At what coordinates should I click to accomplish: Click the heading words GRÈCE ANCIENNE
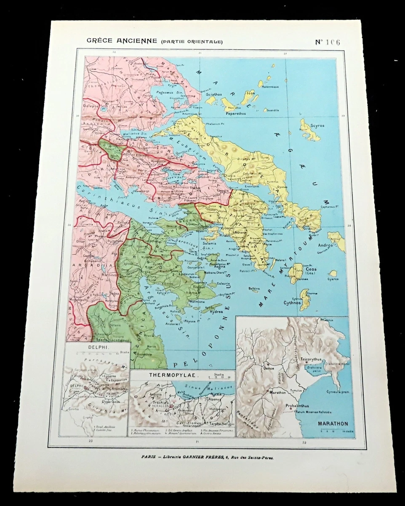pyautogui.click(x=121, y=41)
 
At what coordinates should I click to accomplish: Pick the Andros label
pyautogui.click(x=325, y=245)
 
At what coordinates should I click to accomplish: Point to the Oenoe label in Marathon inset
pyautogui.click(x=268, y=368)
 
